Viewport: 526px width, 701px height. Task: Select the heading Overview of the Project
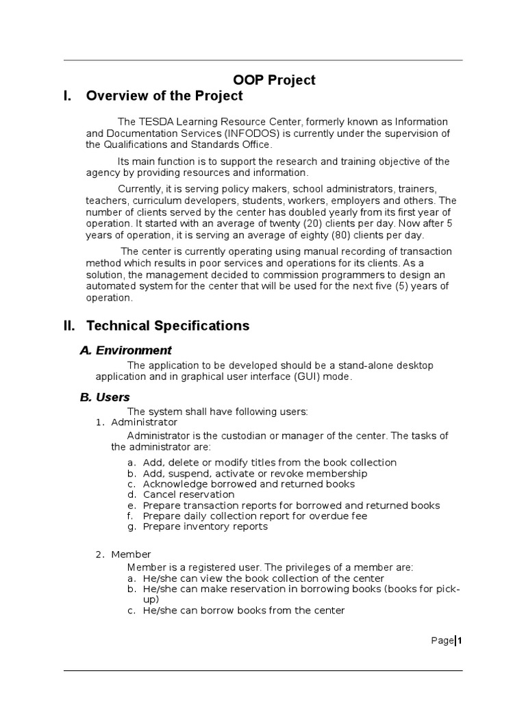coord(164,96)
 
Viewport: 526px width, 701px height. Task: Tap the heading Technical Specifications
coord(168,325)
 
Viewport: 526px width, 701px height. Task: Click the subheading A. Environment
coord(125,350)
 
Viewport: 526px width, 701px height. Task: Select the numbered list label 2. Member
coord(123,555)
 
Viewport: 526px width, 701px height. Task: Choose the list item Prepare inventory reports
coord(205,526)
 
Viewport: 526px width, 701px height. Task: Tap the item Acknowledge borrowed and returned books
coord(249,484)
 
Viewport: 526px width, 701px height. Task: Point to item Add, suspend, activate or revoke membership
coord(255,473)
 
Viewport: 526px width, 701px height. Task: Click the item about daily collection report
coord(255,516)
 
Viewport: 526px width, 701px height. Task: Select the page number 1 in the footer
coord(460,641)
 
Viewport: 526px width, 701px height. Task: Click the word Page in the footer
coord(442,641)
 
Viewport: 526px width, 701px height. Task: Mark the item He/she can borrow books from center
coord(243,611)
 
